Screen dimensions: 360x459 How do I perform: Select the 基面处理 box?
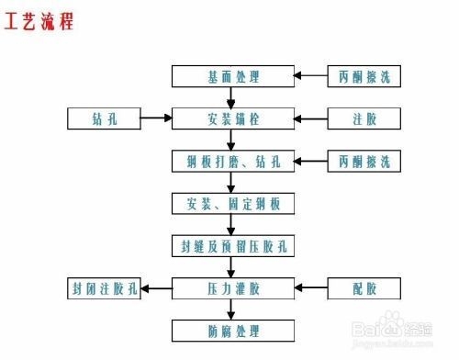(233, 75)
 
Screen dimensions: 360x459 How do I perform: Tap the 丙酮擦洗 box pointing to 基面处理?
(364, 75)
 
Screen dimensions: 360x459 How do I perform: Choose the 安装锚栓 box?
(233, 118)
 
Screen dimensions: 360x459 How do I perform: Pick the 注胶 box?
(364, 118)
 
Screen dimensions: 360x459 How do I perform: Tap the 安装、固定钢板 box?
(233, 202)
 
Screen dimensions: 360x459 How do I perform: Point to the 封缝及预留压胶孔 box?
(233, 245)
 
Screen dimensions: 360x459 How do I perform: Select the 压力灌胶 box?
(233, 288)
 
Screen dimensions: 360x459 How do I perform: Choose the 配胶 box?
(364, 288)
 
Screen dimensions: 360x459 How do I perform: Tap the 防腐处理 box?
(233, 330)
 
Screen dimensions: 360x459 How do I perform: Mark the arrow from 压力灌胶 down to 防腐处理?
(233, 309)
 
